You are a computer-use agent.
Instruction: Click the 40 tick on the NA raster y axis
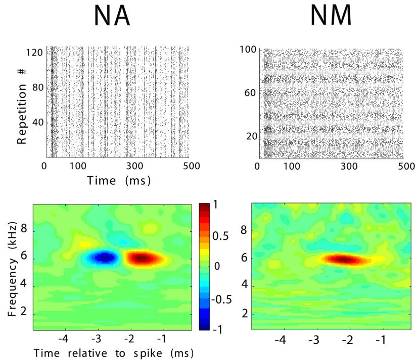[38, 123]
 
